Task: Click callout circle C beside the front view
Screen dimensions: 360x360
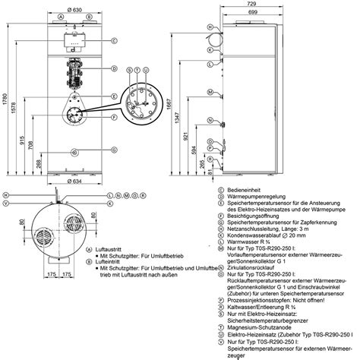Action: [x=113, y=40]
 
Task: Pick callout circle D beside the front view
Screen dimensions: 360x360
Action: [x=113, y=68]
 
